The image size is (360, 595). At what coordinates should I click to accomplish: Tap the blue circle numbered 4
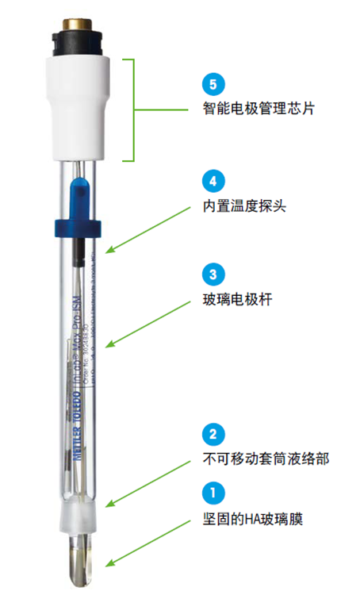(213, 182)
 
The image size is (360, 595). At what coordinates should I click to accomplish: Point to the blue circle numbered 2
(213, 434)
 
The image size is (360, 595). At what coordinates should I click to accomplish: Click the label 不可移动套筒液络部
(259, 459)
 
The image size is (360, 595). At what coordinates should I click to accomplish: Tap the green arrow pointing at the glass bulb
(147, 544)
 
